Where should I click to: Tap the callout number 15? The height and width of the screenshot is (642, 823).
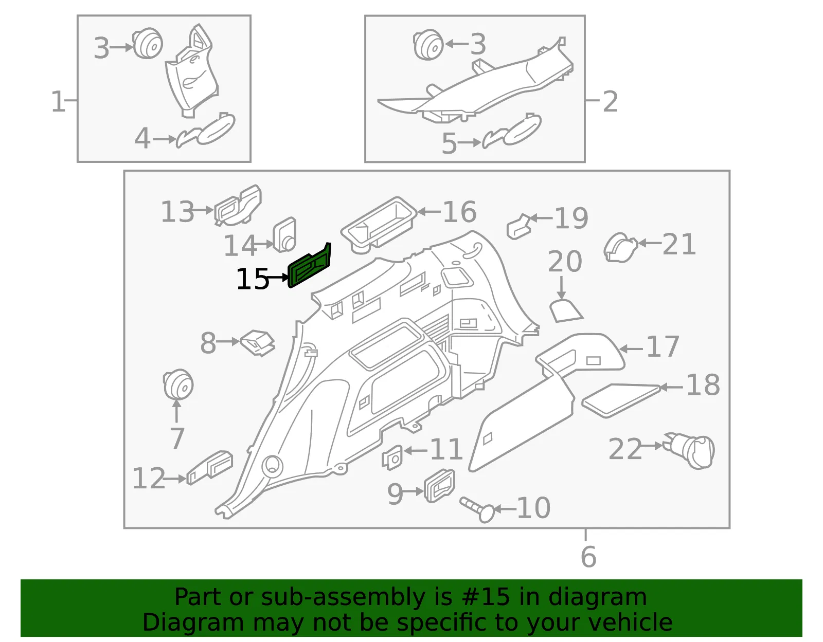tap(252, 279)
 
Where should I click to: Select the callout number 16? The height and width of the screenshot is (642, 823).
tap(459, 212)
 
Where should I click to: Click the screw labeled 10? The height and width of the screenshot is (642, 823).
tap(477, 509)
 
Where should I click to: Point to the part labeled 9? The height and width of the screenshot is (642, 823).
tap(439, 486)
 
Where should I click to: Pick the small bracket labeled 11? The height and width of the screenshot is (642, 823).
tap(392, 457)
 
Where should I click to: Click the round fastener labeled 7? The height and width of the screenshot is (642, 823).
tap(178, 385)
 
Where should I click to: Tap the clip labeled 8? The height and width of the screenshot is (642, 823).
tap(258, 343)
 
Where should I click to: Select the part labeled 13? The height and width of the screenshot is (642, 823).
tap(238, 206)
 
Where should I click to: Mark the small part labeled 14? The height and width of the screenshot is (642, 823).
tap(284, 235)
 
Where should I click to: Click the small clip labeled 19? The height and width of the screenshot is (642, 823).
tap(519, 227)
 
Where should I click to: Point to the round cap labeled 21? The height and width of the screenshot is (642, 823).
tap(620, 248)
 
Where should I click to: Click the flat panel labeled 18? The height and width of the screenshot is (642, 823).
tap(621, 400)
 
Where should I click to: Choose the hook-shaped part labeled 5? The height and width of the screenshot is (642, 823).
tap(511, 131)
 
